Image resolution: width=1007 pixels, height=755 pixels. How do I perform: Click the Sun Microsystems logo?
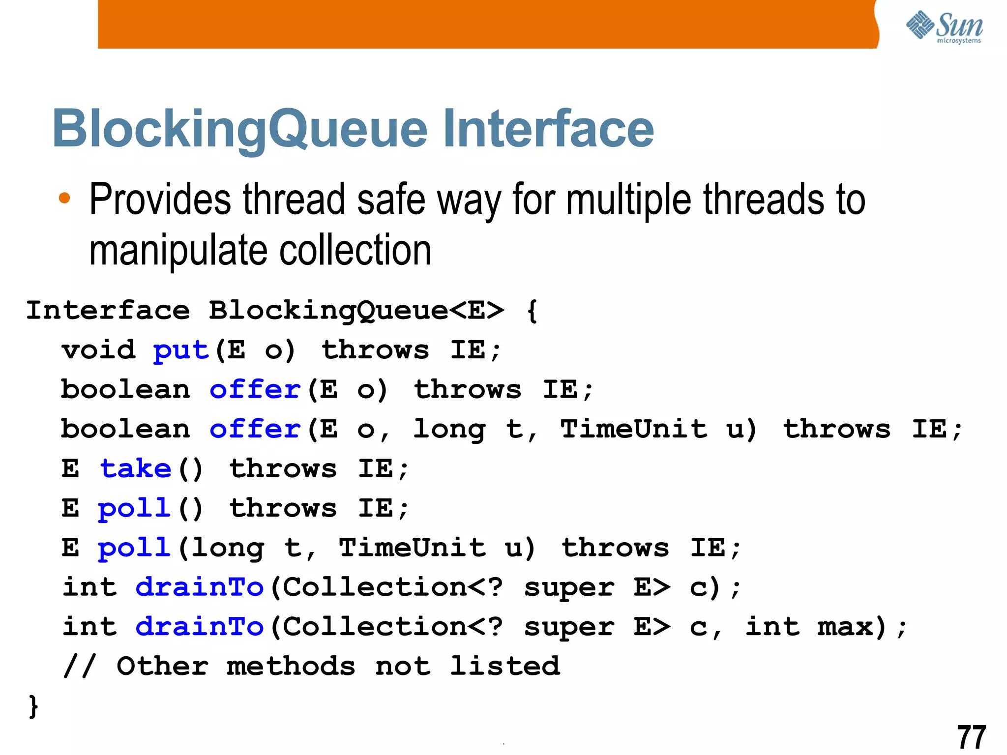[x=944, y=27]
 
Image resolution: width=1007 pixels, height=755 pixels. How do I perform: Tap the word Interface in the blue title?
[x=548, y=129]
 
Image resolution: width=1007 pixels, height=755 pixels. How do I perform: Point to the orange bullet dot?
[x=64, y=198]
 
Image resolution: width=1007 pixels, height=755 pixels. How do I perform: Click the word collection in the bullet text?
[x=355, y=250]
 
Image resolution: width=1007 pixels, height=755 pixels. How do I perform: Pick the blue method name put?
[x=181, y=350]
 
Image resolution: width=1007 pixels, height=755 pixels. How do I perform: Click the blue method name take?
[x=136, y=468]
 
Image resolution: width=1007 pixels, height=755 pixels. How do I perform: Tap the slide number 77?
[x=971, y=737]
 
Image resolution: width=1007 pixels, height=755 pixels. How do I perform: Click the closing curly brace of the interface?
[x=33, y=706]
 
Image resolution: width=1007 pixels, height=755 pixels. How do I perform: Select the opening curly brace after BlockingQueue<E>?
[x=532, y=311]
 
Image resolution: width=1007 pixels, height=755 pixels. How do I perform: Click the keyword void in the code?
[x=98, y=350]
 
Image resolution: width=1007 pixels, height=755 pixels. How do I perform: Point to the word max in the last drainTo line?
[x=845, y=627]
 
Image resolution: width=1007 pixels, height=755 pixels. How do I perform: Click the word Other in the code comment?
[x=162, y=667]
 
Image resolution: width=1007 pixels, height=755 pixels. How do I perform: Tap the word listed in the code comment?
[x=505, y=667]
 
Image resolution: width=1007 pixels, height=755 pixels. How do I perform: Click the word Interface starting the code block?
[x=108, y=311]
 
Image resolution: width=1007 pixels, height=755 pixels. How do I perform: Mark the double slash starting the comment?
[x=79, y=667]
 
